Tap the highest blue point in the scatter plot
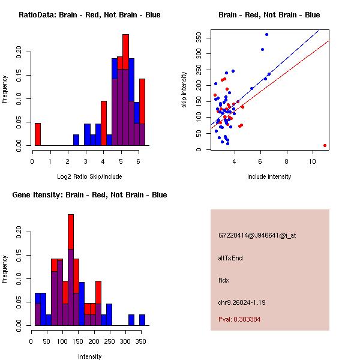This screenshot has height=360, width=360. click(x=266, y=35)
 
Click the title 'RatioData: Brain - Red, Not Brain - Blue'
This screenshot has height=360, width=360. click(x=89, y=14)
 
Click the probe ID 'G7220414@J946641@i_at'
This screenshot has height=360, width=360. click(x=257, y=235)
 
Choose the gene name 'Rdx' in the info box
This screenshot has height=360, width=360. click(x=225, y=280)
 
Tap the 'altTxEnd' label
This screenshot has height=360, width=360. click(x=230, y=258)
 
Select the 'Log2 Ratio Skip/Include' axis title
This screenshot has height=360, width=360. click(x=89, y=176)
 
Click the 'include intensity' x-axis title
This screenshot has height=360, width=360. click(x=269, y=176)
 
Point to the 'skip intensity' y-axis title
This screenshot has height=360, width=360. click(x=184, y=90)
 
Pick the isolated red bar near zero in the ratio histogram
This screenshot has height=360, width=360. click(x=38, y=134)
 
